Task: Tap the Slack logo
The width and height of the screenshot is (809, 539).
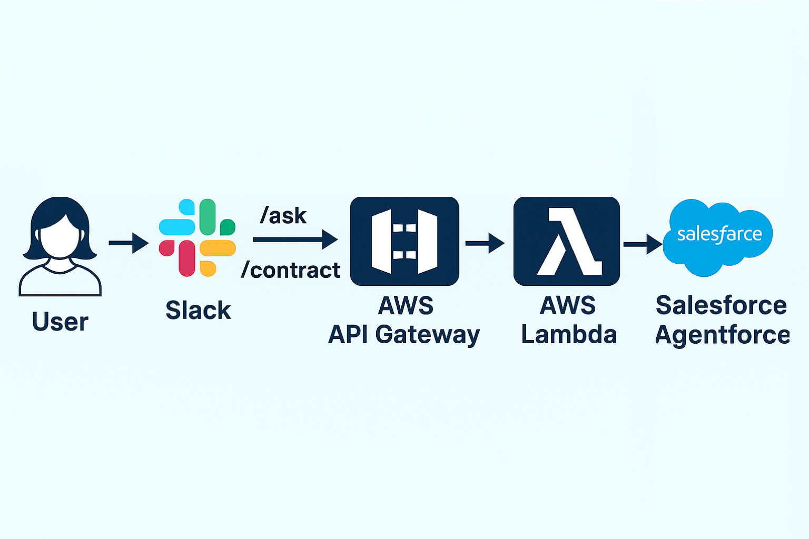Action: coord(198,238)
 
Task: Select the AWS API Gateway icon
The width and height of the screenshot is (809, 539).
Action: coord(404,241)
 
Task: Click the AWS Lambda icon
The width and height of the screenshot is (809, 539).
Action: coord(567,241)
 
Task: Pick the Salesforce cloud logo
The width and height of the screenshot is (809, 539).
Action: coord(718,237)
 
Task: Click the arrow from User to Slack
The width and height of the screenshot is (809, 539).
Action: coord(129,243)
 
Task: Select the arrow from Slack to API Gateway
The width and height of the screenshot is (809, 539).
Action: coord(295,239)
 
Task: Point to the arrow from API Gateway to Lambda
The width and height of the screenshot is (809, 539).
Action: coord(485,243)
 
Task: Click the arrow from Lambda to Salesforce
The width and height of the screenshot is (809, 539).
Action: coord(643,244)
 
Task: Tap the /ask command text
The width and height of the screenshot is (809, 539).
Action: coord(283,215)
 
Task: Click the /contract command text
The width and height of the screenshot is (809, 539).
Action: coord(291,270)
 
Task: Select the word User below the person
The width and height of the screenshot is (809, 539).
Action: coord(60,322)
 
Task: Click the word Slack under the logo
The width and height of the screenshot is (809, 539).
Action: coord(198,310)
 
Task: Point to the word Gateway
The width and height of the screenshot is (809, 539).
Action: coord(427,335)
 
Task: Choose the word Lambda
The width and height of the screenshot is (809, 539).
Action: coord(569,335)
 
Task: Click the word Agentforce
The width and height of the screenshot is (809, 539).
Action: coord(722,335)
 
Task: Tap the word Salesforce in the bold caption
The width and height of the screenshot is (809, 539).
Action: coord(721,305)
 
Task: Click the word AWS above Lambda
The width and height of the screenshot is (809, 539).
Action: coord(568,305)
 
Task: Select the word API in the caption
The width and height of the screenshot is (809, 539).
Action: coord(348,335)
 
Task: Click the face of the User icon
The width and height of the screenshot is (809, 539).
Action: coord(60,235)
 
